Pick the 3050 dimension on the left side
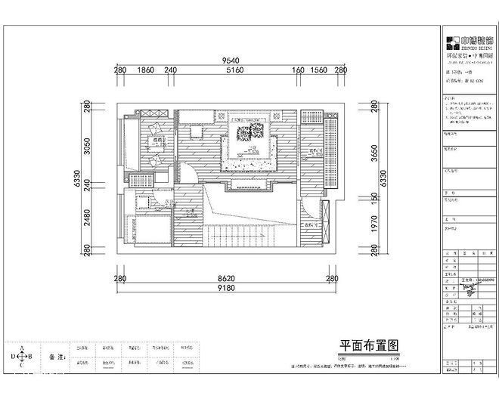(x=87, y=145)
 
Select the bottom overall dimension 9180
(x=225, y=288)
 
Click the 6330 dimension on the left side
(x=76, y=178)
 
